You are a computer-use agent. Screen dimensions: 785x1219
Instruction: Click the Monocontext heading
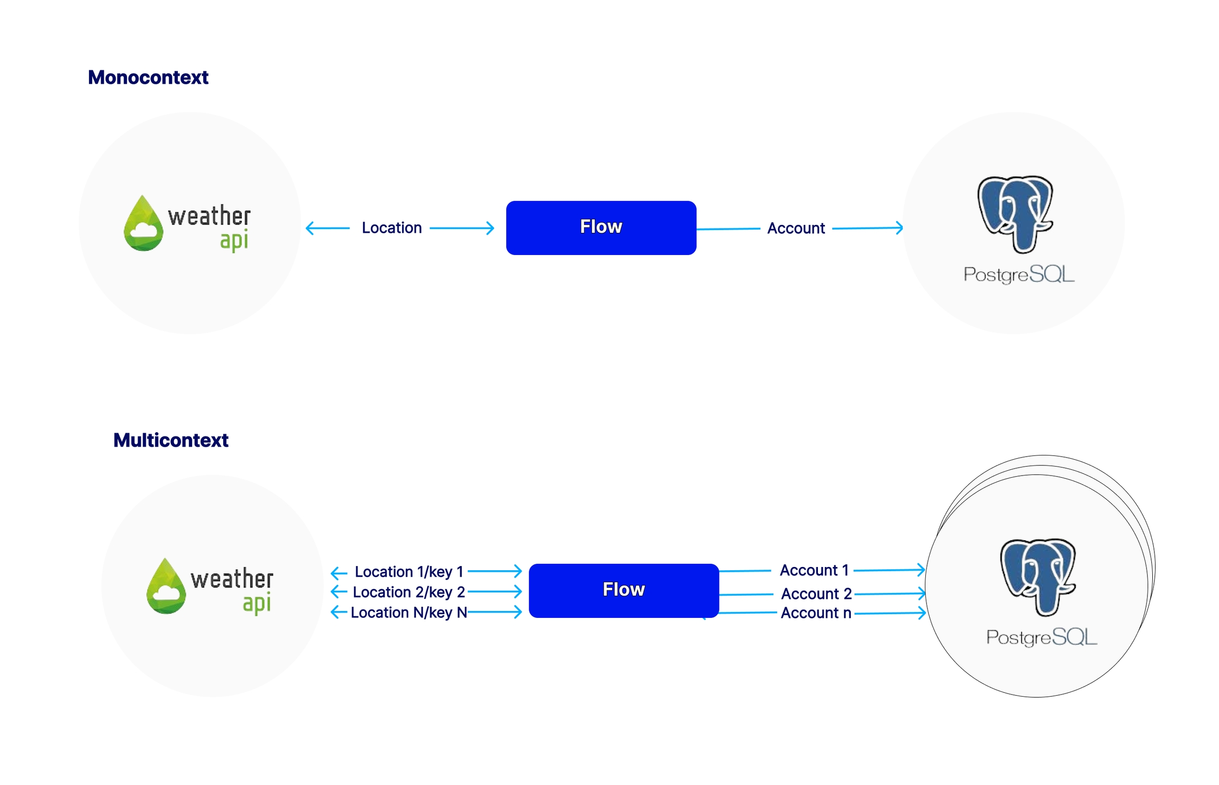pyautogui.click(x=148, y=78)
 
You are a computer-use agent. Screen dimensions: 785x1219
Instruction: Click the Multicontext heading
pyautogui.click(x=170, y=440)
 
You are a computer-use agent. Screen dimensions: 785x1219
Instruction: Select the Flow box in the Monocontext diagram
pyautogui.click(x=601, y=227)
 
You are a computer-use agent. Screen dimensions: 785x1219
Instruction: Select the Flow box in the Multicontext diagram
pyautogui.click(x=623, y=590)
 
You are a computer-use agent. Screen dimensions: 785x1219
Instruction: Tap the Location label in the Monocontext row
pyautogui.click(x=392, y=228)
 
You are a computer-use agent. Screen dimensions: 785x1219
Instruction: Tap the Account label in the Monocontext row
pyautogui.click(x=796, y=229)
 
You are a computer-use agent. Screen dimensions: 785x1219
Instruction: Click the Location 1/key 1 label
pyautogui.click(x=408, y=572)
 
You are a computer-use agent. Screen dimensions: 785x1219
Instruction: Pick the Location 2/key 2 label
pyautogui.click(x=408, y=592)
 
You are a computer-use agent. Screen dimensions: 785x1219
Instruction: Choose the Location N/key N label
pyautogui.click(x=408, y=613)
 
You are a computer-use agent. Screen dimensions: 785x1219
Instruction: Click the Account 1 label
pyautogui.click(x=814, y=570)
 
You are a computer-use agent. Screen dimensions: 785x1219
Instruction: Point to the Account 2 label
pyautogui.click(x=816, y=594)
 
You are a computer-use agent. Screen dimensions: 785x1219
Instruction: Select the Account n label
pyautogui.click(x=816, y=613)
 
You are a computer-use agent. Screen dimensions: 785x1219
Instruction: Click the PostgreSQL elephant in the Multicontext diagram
pyautogui.click(x=1038, y=576)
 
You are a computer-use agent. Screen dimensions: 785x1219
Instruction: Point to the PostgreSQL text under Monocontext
pyautogui.click(x=1018, y=275)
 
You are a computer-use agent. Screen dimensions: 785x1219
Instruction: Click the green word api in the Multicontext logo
pyautogui.click(x=257, y=603)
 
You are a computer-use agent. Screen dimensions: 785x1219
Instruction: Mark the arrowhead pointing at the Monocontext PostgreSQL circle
pyautogui.click(x=899, y=228)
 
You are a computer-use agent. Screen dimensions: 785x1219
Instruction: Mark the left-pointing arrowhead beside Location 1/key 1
pyautogui.click(x=335, y=572)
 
